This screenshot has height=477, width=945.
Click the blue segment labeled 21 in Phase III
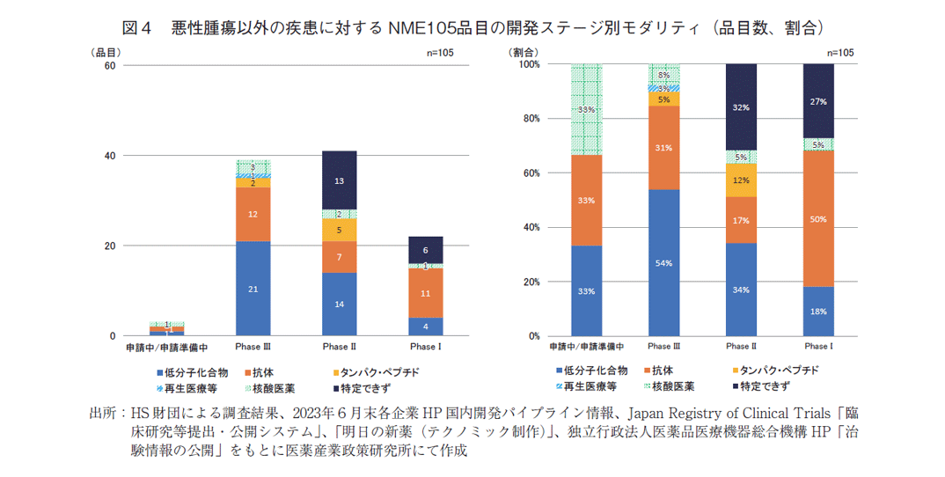click(253, 288)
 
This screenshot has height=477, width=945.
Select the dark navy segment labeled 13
click(339, 180)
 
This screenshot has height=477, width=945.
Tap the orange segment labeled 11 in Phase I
click(425, 293)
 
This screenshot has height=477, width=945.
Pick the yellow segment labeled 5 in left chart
click(339, 229)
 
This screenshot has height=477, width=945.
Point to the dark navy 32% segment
click(741, 106)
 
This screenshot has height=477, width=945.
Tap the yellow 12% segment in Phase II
click(741, 180)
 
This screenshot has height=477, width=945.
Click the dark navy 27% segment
click(817, 100)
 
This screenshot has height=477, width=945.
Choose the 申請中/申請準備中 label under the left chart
click(166, 348)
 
